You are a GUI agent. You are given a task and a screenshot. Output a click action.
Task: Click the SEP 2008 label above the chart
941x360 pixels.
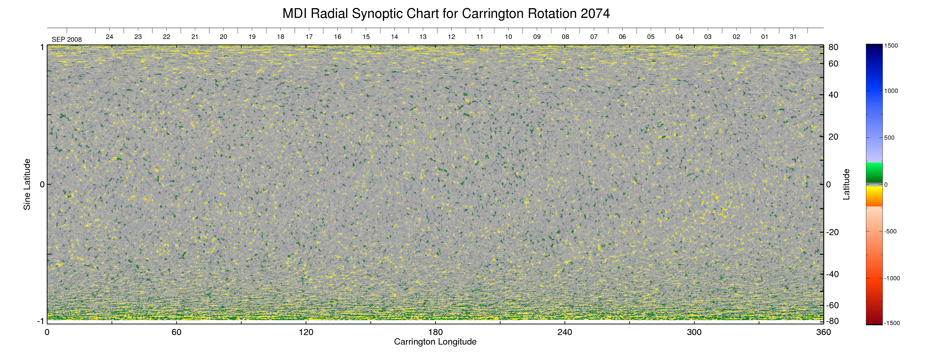coord(67,39)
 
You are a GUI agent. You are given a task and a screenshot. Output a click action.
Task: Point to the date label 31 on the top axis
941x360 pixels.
coord(793,37)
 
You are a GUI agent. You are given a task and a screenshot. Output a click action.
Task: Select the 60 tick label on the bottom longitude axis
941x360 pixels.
coord(176,332)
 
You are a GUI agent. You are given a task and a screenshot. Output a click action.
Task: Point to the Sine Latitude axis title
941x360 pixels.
coord(27,184)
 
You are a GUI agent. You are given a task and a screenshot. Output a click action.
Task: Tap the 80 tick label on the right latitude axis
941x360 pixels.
coord(833,47)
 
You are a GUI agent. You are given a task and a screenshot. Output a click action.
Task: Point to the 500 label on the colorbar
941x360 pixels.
coord(889,138)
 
